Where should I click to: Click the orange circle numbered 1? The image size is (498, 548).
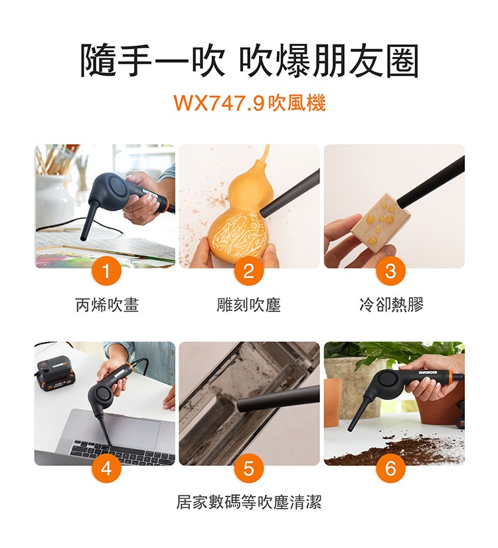pos(106,271)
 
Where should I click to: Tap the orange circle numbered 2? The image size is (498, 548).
pos(248,271)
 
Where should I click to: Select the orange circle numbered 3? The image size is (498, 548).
pos(390,271)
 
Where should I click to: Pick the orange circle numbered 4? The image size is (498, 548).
pos(106,468)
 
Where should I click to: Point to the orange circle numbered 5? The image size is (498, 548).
pos(248,468)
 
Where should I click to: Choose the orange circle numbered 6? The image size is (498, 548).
pos(390,468)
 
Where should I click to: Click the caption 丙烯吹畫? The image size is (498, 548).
pos(108,304)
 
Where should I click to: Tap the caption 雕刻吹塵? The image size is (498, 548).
pos(248,304)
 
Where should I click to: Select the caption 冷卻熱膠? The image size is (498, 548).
pos(391,304)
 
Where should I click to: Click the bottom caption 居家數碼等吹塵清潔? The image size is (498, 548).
pos(248,502)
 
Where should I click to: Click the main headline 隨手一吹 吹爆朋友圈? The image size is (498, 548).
pos(249,60)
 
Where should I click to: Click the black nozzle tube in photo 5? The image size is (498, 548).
pos(278,399)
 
